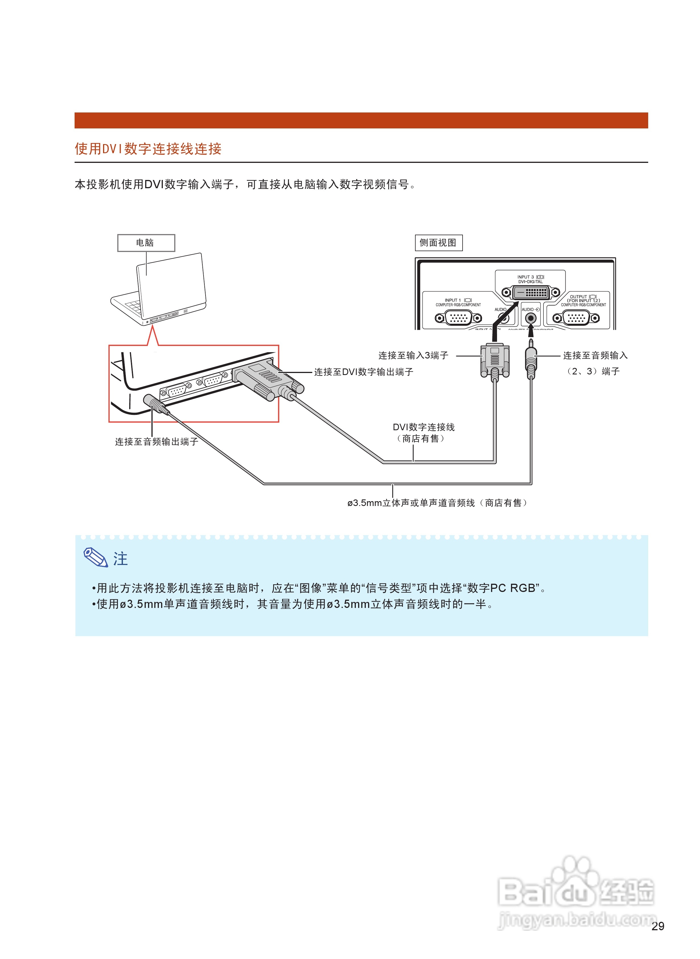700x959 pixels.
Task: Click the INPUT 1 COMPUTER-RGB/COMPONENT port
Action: pos(458,317)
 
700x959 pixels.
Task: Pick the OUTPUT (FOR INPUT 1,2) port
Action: pos(576,317)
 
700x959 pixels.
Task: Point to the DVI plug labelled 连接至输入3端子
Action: pos(494,360)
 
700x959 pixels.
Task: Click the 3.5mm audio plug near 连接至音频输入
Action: pos(531,360)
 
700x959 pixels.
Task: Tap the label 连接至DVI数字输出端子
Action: pos(363,372)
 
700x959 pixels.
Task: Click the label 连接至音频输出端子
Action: pos(156,442)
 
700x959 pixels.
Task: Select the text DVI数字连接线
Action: pos(423,427)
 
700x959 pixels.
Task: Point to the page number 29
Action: pos(657,926)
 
